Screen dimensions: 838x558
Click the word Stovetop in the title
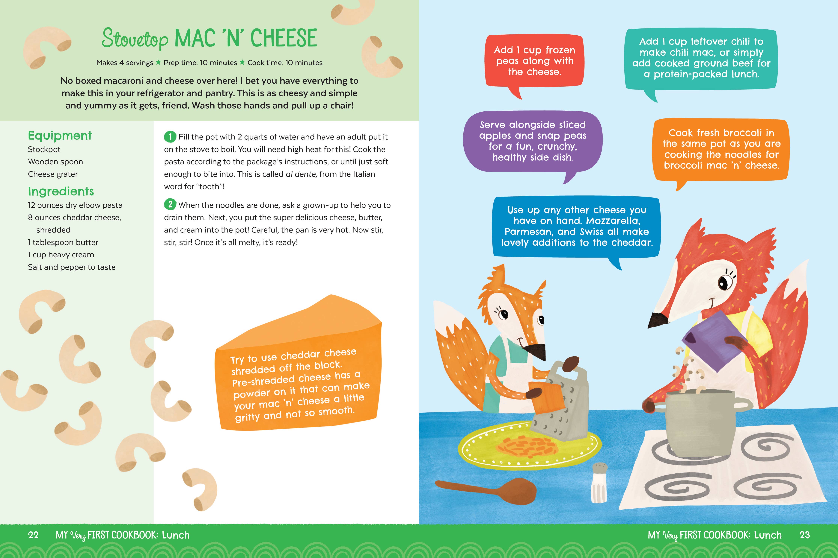click(135, 39)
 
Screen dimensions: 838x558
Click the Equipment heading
click(60, 136)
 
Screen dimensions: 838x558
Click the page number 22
click(33, 535)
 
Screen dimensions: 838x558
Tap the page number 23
click(804, 535)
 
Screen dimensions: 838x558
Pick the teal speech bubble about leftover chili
click(701, 60)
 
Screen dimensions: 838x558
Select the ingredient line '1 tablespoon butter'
click(63, 242)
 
